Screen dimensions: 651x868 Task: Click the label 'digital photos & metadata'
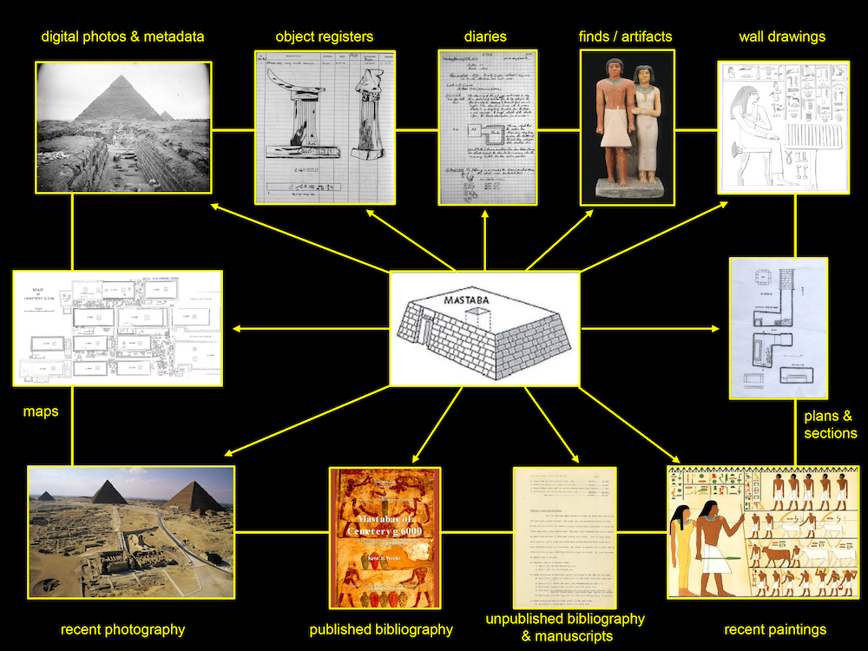[x=122, y=36]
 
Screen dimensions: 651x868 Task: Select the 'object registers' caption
[x=324, y=36]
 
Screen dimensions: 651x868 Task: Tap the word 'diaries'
[x=485, y=36]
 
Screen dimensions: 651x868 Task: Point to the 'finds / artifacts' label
[x=625, y=36]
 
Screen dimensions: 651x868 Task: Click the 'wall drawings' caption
[x=782, y=36]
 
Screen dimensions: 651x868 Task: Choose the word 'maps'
[x=41, y=411]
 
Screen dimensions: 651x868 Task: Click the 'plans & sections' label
[x=830, y=424]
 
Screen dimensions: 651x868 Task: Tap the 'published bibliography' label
[x=381, y=629]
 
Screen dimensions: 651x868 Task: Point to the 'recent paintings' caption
[x=775, y=629]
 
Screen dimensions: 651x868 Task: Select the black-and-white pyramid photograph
[x=122, y=127]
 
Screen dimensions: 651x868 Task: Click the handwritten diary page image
[x=487, y=128]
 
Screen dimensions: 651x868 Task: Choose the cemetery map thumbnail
[x=118, y=328]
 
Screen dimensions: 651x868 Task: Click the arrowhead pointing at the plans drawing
[x=717, y=328]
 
